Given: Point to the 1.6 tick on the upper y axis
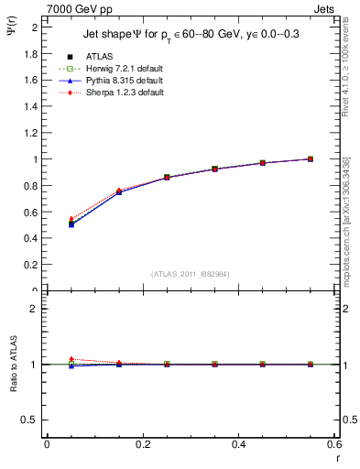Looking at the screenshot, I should click(30, 80).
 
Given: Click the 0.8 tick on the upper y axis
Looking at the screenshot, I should click(30, 186).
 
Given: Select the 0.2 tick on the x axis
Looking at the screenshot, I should click(142, 445).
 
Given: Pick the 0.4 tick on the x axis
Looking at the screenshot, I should click(238, 445).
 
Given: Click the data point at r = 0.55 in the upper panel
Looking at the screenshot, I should click(311, 158).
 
